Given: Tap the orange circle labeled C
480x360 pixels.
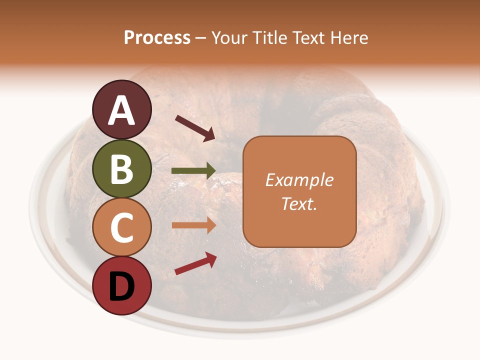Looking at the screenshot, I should [122, 227].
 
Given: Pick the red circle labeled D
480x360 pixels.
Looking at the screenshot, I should [122, 285].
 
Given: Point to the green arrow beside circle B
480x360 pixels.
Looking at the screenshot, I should [193, 171].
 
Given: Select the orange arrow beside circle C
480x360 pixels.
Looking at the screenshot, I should [193, 225].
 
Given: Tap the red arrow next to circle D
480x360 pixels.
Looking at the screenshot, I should [195, 263].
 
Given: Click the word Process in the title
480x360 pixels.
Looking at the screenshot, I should [157, 37].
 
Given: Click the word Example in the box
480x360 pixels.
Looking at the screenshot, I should [299, 180].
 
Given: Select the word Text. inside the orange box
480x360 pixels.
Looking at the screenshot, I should [299, 203].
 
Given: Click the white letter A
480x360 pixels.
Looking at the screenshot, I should [122, 110].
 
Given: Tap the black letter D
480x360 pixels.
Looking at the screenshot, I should [122, 286].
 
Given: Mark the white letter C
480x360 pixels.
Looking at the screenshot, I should [122, 228].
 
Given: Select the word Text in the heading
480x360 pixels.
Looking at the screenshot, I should [306, 37].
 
